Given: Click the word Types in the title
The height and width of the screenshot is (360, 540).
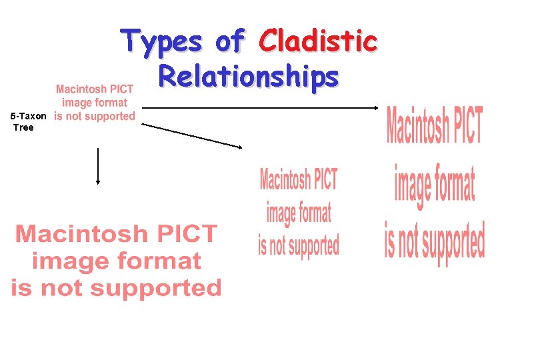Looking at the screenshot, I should pos(161,41).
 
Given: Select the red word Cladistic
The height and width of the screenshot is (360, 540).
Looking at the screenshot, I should pos(319,41).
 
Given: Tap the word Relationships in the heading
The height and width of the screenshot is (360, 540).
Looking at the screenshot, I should pos(248,77).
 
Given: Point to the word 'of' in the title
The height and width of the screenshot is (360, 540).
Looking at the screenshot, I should pos(229,41).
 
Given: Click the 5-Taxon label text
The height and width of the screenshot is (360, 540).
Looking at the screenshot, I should pos(29,116).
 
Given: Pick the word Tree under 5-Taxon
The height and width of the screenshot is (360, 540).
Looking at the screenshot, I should pos(23,127).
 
